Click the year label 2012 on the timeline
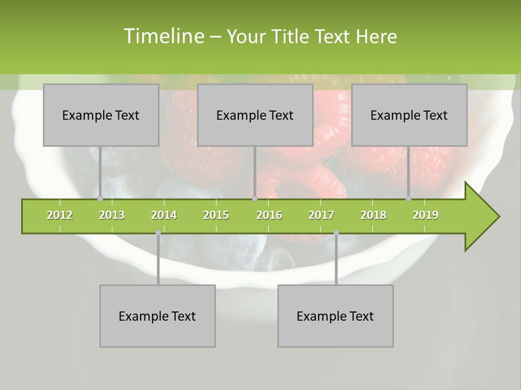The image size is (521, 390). coord(60,215)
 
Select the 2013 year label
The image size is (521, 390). coord(112,215)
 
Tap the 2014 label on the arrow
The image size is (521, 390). coord(164,215)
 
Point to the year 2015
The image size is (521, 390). coord(216,215)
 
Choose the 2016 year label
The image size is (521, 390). coord(269,215)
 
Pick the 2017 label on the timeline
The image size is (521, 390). coord(321,215)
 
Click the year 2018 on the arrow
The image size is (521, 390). coord(373,215)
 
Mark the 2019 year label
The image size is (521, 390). coord(425,215)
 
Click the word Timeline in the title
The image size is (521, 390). coord(163,36)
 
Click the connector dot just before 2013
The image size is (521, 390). coord(100,199)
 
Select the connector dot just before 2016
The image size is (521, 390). coord(255,199)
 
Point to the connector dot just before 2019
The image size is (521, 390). coord(409,199)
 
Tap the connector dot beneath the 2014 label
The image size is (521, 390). coord(158,233)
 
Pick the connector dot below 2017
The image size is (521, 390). coord(336,233)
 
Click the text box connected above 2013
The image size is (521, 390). coord(101,115)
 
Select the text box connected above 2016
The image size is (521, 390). coord(255,115)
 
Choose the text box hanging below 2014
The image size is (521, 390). coord(157,316)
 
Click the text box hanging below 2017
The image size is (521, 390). coord(335,316)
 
